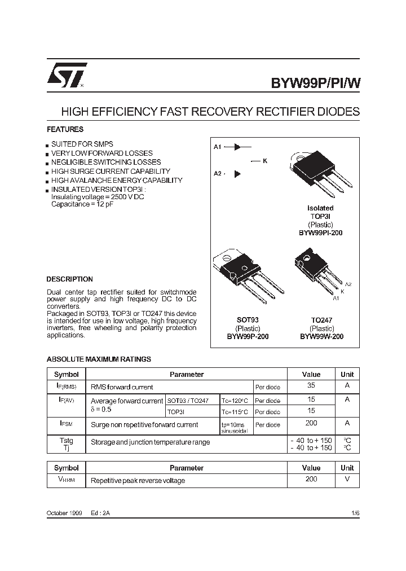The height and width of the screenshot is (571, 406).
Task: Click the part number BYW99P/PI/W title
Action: (315, 83)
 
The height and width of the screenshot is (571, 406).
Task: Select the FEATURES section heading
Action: (65, 129)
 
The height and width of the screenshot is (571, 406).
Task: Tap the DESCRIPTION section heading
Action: (69, 279)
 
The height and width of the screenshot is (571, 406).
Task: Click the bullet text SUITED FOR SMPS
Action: (82, 144)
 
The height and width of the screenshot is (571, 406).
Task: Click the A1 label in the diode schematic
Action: (217, 147)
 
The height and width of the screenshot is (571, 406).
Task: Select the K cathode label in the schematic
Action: (265, 161)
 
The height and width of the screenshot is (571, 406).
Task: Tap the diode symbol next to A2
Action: (237, 174)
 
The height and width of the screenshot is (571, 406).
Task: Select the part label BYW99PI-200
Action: (321, 232)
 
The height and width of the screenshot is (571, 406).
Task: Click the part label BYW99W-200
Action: (321, 336)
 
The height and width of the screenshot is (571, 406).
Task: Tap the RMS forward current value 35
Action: (311, 386)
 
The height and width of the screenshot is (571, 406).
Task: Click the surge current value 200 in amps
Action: (311, 423)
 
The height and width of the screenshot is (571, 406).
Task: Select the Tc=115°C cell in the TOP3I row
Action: (235, 412)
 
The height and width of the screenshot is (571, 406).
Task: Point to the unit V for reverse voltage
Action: (347, 479)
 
